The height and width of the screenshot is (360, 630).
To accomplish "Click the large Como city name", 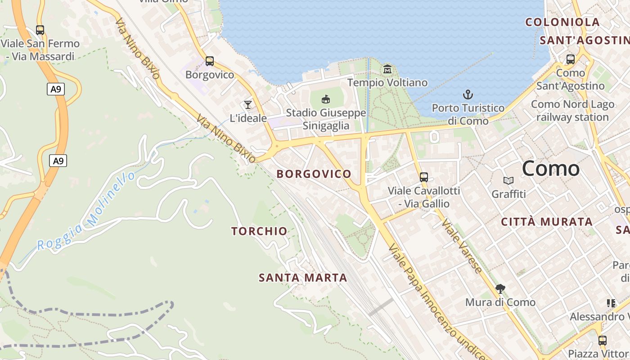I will pos(551,169).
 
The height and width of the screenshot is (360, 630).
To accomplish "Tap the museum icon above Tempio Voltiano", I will pos(387,69).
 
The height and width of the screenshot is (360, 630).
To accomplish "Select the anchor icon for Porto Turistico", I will pos(468,94).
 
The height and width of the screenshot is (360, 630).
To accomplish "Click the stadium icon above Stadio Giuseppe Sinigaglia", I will pos(326,99).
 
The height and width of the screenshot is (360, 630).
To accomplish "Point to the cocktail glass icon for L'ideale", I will pos(247,104).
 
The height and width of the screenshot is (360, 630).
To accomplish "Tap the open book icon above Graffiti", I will pos(508,180).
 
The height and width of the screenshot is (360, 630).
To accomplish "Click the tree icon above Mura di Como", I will pos(500,288).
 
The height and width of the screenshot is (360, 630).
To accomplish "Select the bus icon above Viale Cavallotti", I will pos(423,177).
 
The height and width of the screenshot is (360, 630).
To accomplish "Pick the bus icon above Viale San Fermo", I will pos(40,30).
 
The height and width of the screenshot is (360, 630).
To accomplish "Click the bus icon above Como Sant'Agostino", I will pos(570,59).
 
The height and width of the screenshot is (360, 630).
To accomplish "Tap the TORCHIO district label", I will pos(259,231).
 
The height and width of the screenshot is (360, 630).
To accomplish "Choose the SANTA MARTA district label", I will pos(303,278).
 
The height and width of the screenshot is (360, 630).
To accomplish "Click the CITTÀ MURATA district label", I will pos(547,222).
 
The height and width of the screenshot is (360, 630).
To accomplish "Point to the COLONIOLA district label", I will pos(562,22).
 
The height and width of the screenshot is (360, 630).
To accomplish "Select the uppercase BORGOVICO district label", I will pos(314,174).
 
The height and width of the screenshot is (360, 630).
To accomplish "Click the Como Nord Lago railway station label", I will pos(572,111).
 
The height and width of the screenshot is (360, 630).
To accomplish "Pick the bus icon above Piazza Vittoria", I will pos(602,340).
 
